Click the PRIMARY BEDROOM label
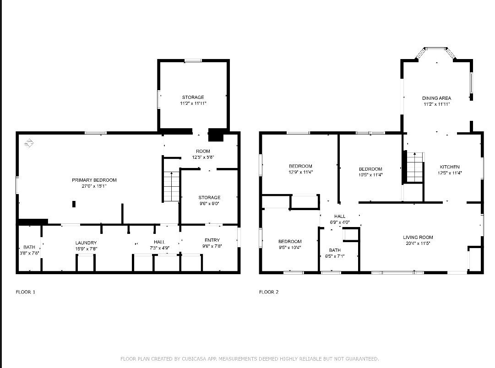(x=94, y=180)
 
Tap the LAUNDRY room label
(x=86, y=243)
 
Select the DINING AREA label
(x=436, y=98)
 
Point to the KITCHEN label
(x=450, y=167)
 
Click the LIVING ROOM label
(x=418, y=238)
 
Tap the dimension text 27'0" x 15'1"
(x=94, y=186)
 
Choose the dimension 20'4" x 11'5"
(x=418, y=244)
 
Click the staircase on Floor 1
(x=171, y=187)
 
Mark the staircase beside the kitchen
(x=415, y=167)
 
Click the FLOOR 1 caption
(x=26, y=292)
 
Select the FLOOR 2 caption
(x=269, y=292)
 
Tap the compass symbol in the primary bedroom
(x=29, y=143)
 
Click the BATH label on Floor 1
(x=29, y=247)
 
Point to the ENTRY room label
(x=212, y=240)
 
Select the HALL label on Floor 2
(x=340, y=216)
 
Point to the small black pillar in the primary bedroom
(x=74, y=204)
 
